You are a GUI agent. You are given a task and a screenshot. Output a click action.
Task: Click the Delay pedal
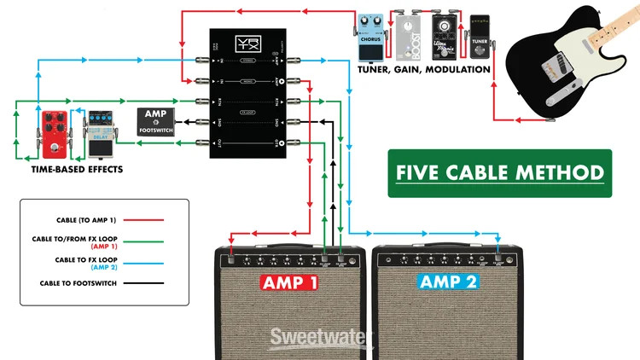pos(99,139)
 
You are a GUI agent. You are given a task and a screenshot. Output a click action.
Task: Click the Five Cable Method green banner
pos(499,173)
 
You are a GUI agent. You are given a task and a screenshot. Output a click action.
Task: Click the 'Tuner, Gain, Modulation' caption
pos(426,69)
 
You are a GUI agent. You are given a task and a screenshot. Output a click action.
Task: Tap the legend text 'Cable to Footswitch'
pos(73,282)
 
